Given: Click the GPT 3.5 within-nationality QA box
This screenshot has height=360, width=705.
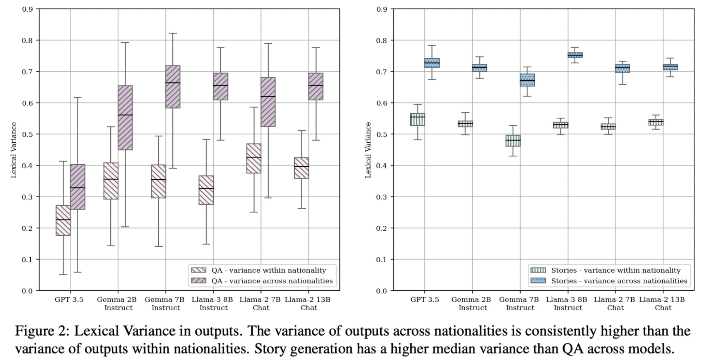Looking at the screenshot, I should tap(63, 220).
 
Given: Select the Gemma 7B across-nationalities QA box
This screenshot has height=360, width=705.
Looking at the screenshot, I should tap(173, 87).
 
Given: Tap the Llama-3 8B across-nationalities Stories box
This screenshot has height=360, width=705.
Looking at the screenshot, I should tap(575, 55).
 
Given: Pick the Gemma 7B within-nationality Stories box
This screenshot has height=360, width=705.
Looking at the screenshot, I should tap(513, 141).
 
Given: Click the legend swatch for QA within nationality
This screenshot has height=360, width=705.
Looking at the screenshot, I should tap(198, 270).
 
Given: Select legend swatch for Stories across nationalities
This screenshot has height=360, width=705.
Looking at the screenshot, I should tap(538, 281).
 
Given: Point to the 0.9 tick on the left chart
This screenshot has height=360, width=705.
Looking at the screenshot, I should tap(27, 9).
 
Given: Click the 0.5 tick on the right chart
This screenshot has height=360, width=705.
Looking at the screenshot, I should tap(382, 134).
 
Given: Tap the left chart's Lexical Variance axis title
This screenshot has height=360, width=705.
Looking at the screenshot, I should tap(14, 150).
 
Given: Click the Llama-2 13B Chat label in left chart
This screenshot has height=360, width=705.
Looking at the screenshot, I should tap(308, 303).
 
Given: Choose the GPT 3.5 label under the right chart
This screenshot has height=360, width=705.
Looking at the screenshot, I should tap(424, 300).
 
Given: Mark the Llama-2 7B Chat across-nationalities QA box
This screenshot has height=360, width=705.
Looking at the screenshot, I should tap(268, 102).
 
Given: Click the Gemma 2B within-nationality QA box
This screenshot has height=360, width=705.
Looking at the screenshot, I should tap(111, 181).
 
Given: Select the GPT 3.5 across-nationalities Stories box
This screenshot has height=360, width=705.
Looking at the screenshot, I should tap(432, 63).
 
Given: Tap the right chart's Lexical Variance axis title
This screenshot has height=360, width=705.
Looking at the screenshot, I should tap(368, 150).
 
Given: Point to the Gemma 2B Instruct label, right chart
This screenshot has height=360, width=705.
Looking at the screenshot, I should tap(471, 303).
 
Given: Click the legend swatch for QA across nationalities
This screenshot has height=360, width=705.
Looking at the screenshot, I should tap(198, 281).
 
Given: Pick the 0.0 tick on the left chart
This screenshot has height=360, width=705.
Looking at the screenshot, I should tap(27, 291).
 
